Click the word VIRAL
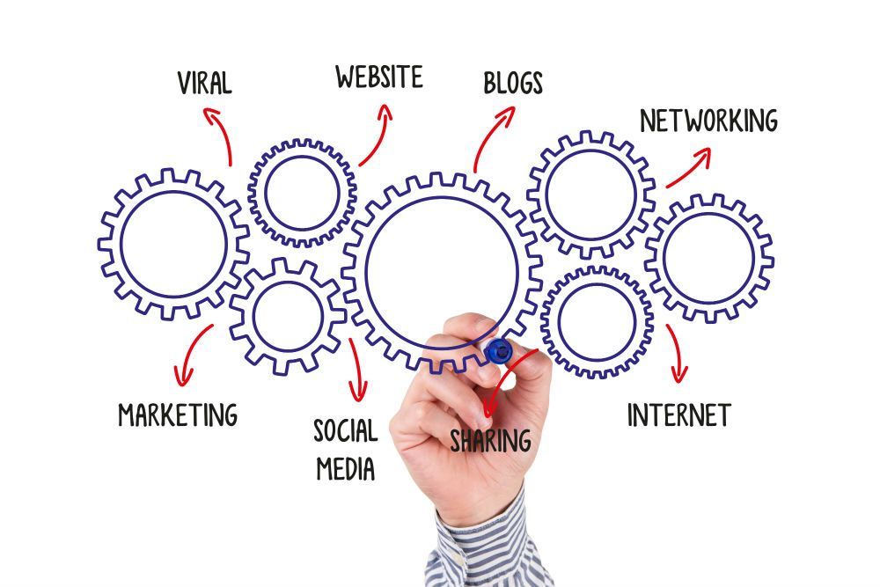coord(204,83)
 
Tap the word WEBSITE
coord(379,77)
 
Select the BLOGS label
coord(513,83)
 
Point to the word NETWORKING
coord(708,121)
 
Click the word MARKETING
coord(178,415)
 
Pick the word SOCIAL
coord(346,431)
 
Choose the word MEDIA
coord(346,468)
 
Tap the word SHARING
coord(490,441)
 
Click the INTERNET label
coord(679,415)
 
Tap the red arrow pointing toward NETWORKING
coord(689,167)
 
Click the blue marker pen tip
coord(498,351)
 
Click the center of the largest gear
coord(442,274)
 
